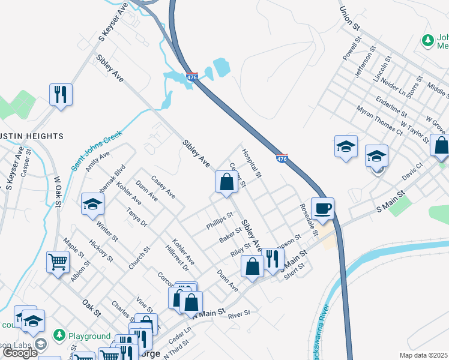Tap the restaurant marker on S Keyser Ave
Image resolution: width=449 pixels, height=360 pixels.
[x=61, y=95]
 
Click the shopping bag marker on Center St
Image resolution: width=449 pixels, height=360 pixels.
[x=226, y=182]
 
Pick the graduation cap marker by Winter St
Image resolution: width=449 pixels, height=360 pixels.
[x=93, y=204]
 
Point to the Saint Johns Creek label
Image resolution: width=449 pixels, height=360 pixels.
[x=96, y=149]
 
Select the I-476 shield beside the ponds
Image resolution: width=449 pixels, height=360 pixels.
[x=191, y=78]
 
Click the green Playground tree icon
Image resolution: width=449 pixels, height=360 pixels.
[x=59, y=334]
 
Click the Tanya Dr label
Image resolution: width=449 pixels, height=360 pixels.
[x=136, y=217]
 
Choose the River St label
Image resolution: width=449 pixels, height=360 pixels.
[x=239, y=313]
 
